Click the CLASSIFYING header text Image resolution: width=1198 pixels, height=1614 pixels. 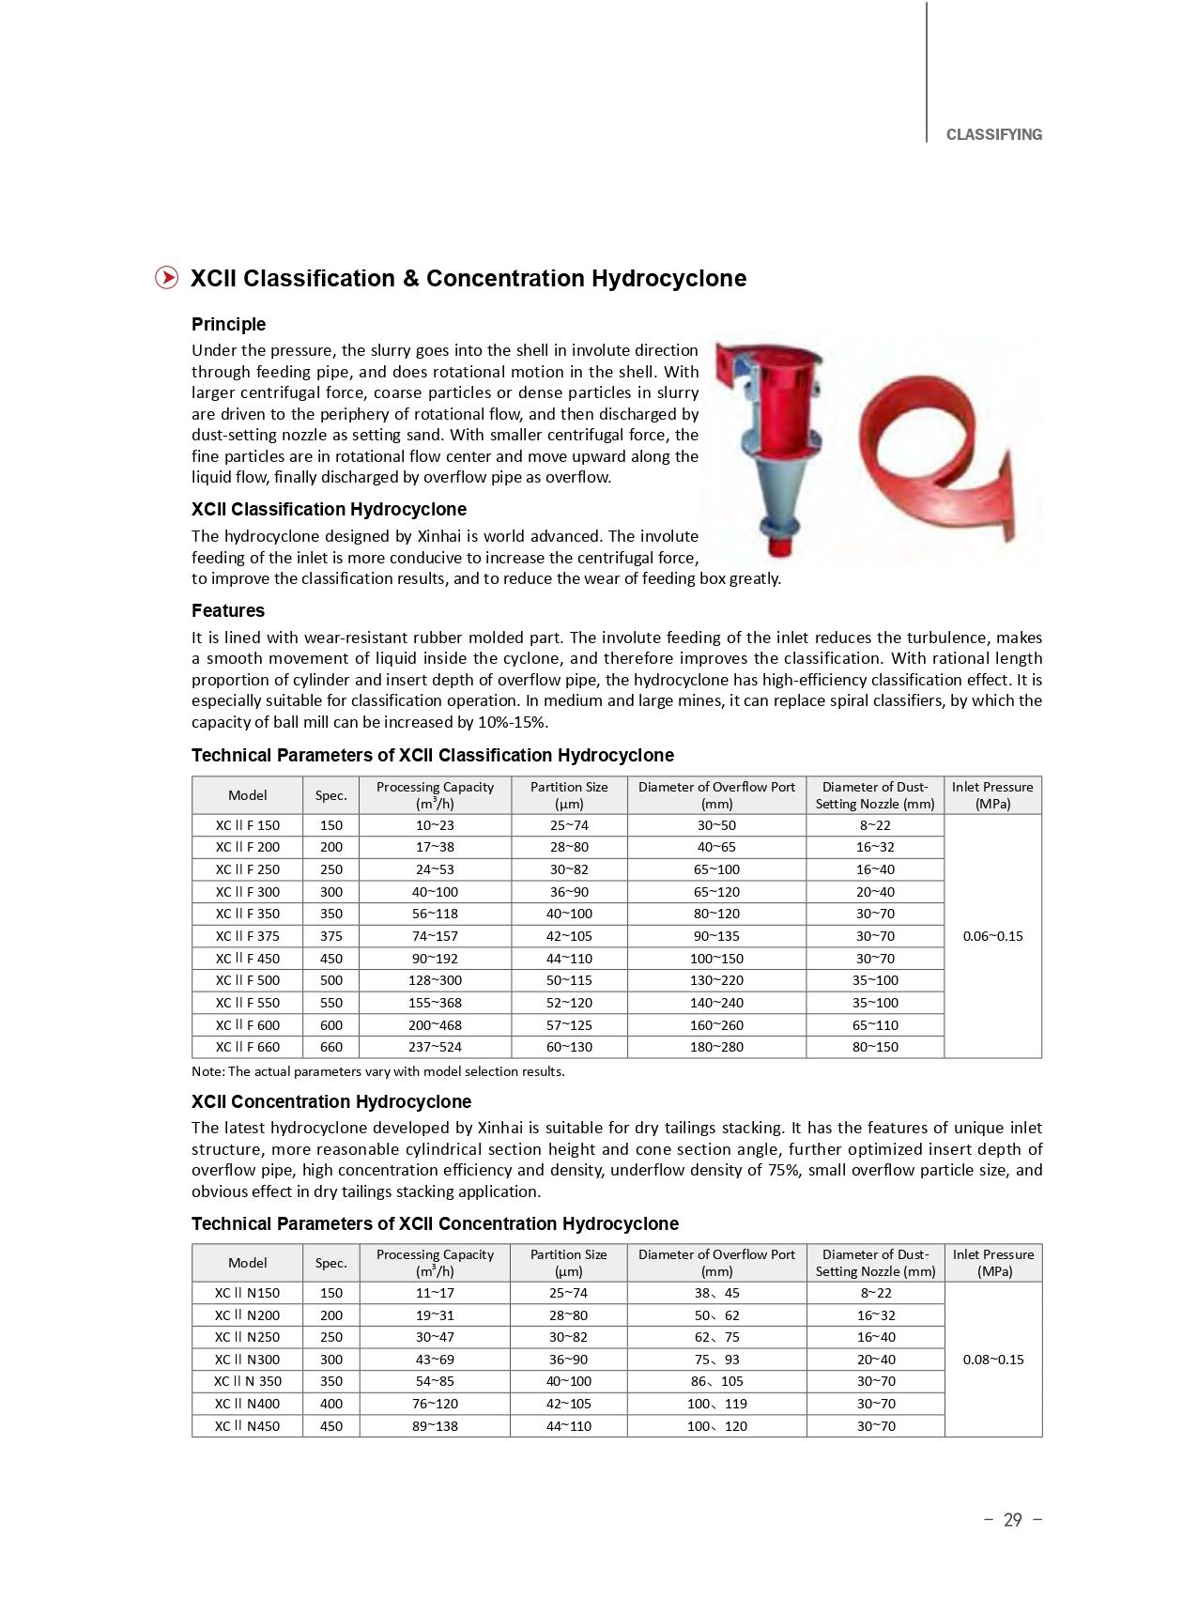coord(993,135)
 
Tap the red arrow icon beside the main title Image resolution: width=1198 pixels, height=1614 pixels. coord(166,278)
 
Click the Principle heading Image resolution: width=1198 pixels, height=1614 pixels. coord(228,324)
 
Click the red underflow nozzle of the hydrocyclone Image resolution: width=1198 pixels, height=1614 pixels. coord(778,546)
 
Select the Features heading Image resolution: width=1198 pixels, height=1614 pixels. coord(227,610)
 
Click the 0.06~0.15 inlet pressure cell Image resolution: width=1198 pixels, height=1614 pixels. coord(992,936)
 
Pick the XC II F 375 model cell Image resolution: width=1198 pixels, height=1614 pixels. coord(247,936)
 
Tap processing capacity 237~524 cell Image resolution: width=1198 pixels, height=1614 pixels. coord(435,1047)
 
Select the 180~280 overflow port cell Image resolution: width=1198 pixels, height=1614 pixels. coord(716,1047)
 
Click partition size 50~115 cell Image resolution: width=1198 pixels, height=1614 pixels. coord(569,980)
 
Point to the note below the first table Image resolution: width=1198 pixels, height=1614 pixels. coord(377,1071)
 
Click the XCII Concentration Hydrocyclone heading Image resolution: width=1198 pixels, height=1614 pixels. coord(330,1101)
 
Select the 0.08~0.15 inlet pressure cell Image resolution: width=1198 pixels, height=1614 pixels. coord(992,1360)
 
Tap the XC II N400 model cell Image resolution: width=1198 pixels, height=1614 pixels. coord(247,1404)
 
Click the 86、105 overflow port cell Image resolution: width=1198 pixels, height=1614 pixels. coord(716,1381)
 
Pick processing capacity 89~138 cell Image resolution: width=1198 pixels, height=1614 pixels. coord(435,1426)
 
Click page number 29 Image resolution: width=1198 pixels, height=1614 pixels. coord(1012,1520)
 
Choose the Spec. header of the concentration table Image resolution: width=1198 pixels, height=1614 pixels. coord(330,1263)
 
